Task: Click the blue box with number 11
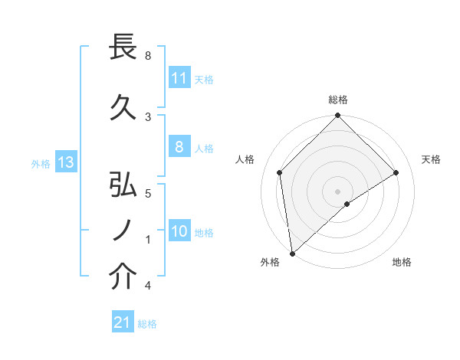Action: pyautogui.click(x=179, y=78)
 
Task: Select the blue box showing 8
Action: pyautogui.click(x=179, y=148)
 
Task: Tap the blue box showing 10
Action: pyautogui.click(x=179, y=232)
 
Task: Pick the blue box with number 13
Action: pyautogui.click(x=66, y=162)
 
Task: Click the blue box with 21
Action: pyautogui.click(x=123, y=323)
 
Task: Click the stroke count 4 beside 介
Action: pyautogui.click(x=148, y=286)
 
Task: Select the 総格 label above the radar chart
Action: pyautogui.click(x=338, y=100)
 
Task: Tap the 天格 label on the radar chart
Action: pyautogui.click(x=431, y=159)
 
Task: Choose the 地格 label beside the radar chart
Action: pyautogui.click(x=402, y=262)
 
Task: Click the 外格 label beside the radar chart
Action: pyautogui.click(x=270, y=262)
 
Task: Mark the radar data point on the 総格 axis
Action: pyautogui.click(x=337, y=116)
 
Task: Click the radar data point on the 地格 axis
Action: pyautogui.click(x=347, y=204)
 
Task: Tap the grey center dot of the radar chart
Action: pyautogui.click(x=337, y=190)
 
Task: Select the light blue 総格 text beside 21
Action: pyautogui.click(x=147, y=324)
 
